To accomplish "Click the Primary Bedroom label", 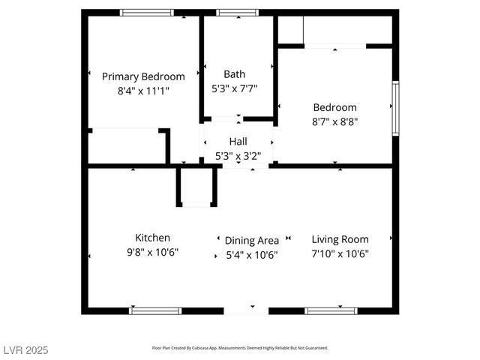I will coord(143,76).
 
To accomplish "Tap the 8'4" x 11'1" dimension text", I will coord(143,91).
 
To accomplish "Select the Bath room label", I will coord(234,74).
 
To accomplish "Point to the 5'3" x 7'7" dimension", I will coord(234,88).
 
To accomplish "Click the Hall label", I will coord(238,141).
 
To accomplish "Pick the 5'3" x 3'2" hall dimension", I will coord(238,157).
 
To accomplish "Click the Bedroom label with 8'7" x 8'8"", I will coord(334,107).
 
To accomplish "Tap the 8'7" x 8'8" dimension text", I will coord(334,121).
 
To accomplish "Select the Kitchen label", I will coord(152,238).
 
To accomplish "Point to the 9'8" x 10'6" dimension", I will coord(152,253).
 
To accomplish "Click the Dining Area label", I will coord(252,241).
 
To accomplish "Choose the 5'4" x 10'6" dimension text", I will coord(252,255).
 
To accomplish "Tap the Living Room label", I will coord(340,239).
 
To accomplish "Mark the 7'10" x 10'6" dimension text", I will coord(340,253).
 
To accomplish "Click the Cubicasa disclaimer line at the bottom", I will coord(240,348).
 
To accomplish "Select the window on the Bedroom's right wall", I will coord(394,109).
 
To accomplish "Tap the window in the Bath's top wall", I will coord(238,13).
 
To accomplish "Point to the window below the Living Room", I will coord(331,310).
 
